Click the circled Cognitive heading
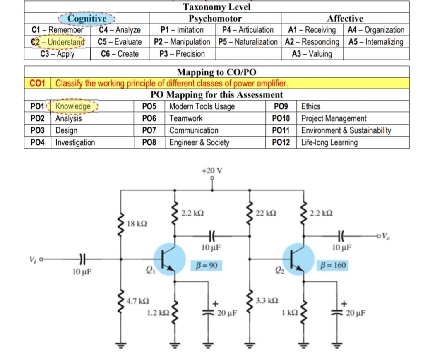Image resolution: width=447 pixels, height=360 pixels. [x=87, y=19]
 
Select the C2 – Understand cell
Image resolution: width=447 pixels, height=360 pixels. [x=58, y=42]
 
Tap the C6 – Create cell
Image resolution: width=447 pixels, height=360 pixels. [x=120, y=54]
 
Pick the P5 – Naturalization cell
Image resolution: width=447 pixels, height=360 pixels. [x=248, y=42]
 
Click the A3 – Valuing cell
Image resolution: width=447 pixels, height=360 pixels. [x=312, y=54]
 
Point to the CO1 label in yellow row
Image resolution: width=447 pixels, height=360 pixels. [x=38, y=83]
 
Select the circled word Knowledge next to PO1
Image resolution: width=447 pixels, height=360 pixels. [x=73, y=106]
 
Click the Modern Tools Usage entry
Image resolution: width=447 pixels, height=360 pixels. [x=202, y=106]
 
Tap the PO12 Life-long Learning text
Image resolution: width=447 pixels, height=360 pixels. [x=329, y=142]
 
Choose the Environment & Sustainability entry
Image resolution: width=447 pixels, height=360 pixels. [x=346, y=130]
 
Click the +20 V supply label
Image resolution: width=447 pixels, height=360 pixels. [x=212, y=170]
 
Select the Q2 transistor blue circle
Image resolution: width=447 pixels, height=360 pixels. [x=298, y=259]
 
